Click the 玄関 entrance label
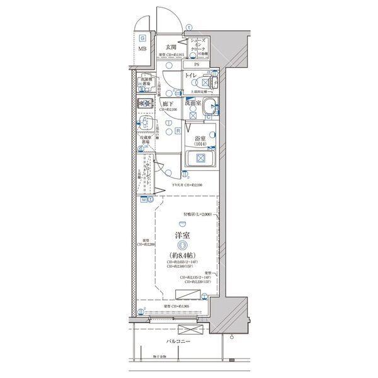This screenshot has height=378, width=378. pyautogui.click(x=171, y=47)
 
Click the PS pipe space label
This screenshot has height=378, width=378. pyautogui.click(x=196, y=64)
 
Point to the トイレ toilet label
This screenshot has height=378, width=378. pyautogui.click(x=191, y=76)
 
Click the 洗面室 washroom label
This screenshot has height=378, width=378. pyautogui.click(x=193, y=103)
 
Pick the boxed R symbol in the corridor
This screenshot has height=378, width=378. pyautogui.click(x=179, y=130)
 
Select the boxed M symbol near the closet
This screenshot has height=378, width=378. pyautogui.click(x=144, y=200)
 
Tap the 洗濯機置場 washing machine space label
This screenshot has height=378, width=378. pyautogui.click(x=145, y=82)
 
